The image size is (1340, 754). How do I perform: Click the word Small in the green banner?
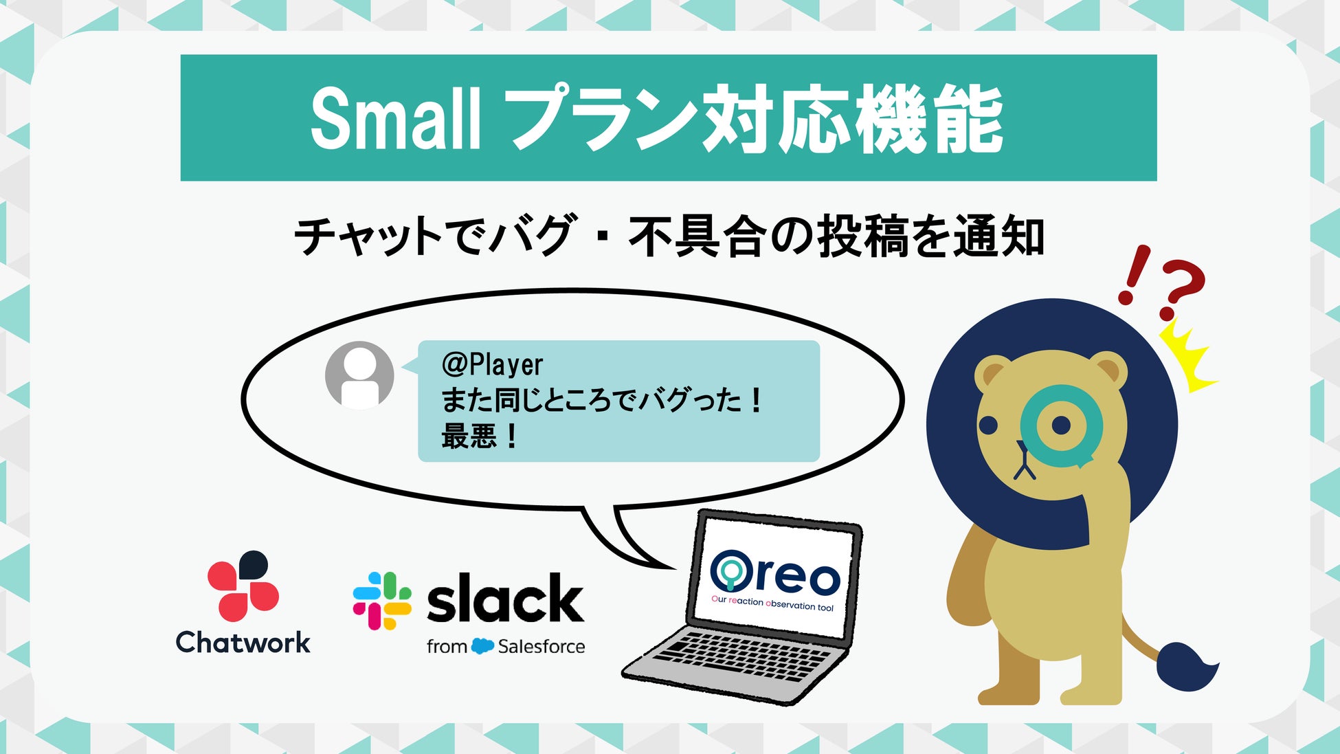coord(395,118)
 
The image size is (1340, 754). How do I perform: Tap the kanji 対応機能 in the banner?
coord(851,118)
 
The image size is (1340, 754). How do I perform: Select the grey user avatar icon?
coord(359,375)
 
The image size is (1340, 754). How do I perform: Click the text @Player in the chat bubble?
coord(492,364)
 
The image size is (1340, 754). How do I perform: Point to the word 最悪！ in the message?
coord(480,436)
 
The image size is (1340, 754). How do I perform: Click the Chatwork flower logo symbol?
coord(243,585)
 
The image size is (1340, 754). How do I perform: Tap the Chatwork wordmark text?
coord(243,643)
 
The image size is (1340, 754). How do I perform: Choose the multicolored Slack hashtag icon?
coord(382,601)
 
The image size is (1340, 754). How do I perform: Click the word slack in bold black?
coord(505,599)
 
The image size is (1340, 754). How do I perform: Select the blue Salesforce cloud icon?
coord(483,646)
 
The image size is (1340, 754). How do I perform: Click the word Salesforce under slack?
coord(541,646)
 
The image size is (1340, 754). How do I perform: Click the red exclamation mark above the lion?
coord(1132,275)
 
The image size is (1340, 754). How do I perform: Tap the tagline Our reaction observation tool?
coord(772,603)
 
